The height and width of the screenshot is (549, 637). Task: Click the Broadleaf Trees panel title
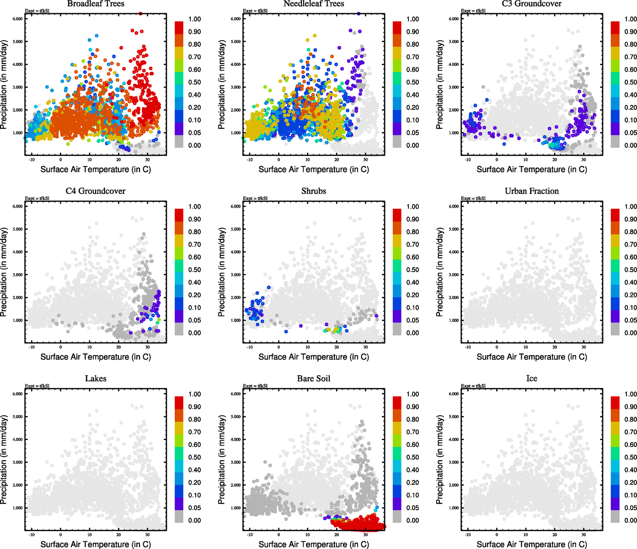96,4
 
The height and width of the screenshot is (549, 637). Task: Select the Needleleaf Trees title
313,4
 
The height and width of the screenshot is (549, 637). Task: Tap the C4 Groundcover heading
96,191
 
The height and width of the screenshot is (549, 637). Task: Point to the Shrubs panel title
314,191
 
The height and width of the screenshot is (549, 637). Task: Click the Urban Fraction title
531,191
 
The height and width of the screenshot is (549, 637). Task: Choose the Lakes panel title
96,378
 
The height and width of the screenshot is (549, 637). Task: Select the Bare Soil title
314,378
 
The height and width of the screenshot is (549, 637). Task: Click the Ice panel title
531,378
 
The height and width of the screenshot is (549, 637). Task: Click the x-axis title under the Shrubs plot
314,357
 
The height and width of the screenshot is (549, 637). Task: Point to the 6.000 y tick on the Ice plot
453,394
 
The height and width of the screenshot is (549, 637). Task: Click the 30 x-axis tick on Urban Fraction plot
583,347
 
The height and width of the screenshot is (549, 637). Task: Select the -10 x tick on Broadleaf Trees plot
32,160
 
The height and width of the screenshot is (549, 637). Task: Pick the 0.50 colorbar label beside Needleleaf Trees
412,82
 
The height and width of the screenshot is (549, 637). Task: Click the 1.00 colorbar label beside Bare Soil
412,394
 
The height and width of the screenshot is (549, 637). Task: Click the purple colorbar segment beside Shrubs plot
397,316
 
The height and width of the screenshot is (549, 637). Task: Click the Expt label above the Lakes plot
37,386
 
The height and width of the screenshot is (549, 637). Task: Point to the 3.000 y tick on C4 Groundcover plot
17,275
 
